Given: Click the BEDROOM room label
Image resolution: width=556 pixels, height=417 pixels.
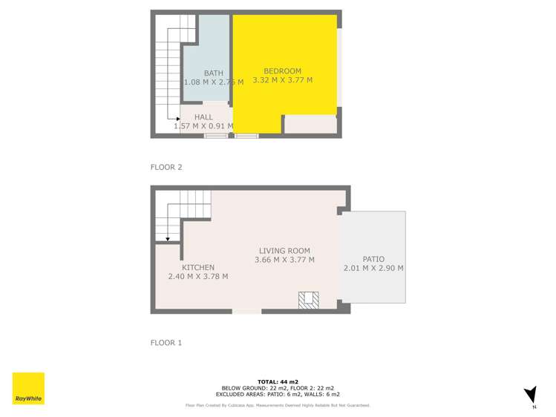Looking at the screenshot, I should (282, 71).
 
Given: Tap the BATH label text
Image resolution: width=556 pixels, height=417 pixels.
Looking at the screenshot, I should (214, 73).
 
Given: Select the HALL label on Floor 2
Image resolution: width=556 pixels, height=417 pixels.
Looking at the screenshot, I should (203, 117).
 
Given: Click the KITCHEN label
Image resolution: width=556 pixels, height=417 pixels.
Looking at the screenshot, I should (198, 268).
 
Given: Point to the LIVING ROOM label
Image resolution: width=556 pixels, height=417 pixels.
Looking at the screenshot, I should (284, 251).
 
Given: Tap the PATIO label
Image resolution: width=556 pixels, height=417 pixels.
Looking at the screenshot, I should (373, 259).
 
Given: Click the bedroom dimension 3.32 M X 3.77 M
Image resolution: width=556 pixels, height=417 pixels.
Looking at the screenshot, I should (282, 80).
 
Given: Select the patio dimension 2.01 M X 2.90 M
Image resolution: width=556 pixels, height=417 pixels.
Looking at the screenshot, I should (373, 268).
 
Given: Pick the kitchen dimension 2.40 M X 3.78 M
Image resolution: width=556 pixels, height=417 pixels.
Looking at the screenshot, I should (198, 277).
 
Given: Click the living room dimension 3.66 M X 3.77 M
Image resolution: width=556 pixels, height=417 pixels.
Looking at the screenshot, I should (284, 260).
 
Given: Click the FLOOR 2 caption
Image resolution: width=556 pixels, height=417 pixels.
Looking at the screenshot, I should (166, 168).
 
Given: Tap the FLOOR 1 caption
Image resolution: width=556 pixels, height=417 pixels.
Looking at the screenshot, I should (166, 343).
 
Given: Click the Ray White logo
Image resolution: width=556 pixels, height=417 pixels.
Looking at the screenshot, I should (28, 388).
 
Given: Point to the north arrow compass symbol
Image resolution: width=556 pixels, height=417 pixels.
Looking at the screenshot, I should (530, 395).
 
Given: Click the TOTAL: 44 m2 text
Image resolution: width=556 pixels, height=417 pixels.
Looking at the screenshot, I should (278, 381).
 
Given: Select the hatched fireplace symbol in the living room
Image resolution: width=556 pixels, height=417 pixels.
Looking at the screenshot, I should (308, 300).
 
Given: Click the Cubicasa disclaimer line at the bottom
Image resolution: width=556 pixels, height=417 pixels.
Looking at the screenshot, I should (278, 405).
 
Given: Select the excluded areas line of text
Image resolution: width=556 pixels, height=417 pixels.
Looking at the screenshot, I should (278, 394).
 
